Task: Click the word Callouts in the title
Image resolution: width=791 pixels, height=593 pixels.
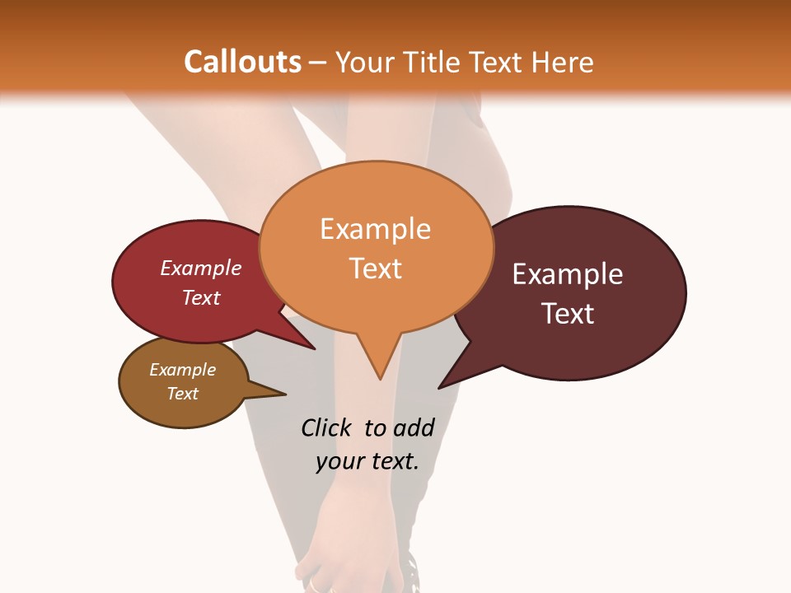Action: click(x=242, y=62)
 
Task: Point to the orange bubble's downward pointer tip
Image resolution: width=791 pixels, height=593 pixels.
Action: click(x=380, y=379)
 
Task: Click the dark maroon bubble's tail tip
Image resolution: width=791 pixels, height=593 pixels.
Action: click(x=439, y=388)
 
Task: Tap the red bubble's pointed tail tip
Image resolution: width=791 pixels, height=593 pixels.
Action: click(x=315, y=348)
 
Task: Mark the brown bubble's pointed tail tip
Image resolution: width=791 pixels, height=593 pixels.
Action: click(x=285, y=393)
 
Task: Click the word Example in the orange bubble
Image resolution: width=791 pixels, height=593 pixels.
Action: click(x=376, y=229)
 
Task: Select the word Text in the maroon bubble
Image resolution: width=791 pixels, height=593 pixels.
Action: click(x=568, y=314)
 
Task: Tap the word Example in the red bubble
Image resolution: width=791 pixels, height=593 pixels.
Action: click(x=201, y=268)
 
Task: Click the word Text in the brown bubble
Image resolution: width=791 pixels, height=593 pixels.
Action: click(x=183, y=394)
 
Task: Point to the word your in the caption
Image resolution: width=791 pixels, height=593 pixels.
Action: click(x=339, y=462)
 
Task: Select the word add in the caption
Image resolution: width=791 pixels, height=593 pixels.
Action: click(x=413, y=427)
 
